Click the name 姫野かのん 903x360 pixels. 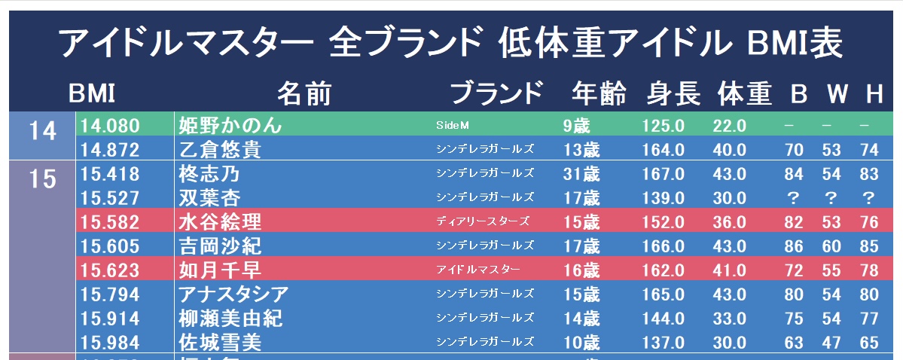tap(230, 125)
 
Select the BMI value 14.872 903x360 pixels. tap(109, 150)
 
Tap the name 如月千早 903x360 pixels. tap(219, 270)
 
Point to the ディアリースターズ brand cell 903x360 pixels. tap(482, 221)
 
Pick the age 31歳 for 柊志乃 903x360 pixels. tap(581, 174)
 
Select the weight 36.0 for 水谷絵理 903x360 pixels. tap(730, 222)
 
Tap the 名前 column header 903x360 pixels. tap(304, 93)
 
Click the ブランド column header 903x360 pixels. tap(496, 93)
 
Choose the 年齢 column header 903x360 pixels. tap(598, 93)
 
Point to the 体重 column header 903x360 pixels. tap(744, 93)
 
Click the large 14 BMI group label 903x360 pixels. tap(43, 132)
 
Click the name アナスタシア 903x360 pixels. tap(233, 294)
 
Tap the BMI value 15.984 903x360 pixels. tap(109, 343)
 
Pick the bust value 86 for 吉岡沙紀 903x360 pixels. tap(794, 246)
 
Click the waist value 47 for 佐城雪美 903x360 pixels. tap(831, 343)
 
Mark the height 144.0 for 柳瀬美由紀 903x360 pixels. tap(664, 319)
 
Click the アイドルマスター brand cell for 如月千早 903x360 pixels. tap(478, 270)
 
